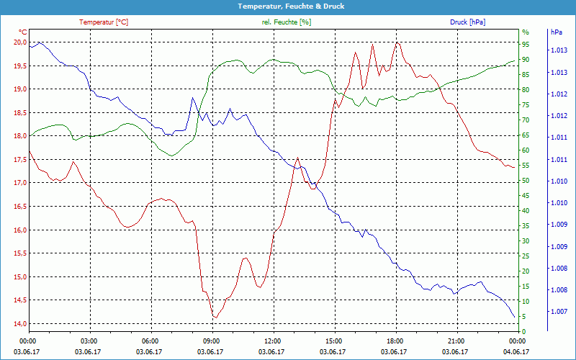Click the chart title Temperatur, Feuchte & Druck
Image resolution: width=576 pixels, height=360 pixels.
[x=288, y=6]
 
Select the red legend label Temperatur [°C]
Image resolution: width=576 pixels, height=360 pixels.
[x=104, y=22]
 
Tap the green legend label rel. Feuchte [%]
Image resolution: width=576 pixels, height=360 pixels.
[x=287, y=22]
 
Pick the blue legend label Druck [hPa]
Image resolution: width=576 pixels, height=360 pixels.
[x=467, y=22]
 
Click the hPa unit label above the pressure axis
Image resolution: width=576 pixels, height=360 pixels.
[x=557, y=32]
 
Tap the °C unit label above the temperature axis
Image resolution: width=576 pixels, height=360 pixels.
[x=23, y=32]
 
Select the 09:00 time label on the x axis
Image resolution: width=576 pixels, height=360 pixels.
[x=212, y=341]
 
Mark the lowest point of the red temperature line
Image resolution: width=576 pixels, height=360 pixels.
[x=215, y=318]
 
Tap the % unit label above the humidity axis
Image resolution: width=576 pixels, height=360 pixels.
[x=526, y=32]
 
